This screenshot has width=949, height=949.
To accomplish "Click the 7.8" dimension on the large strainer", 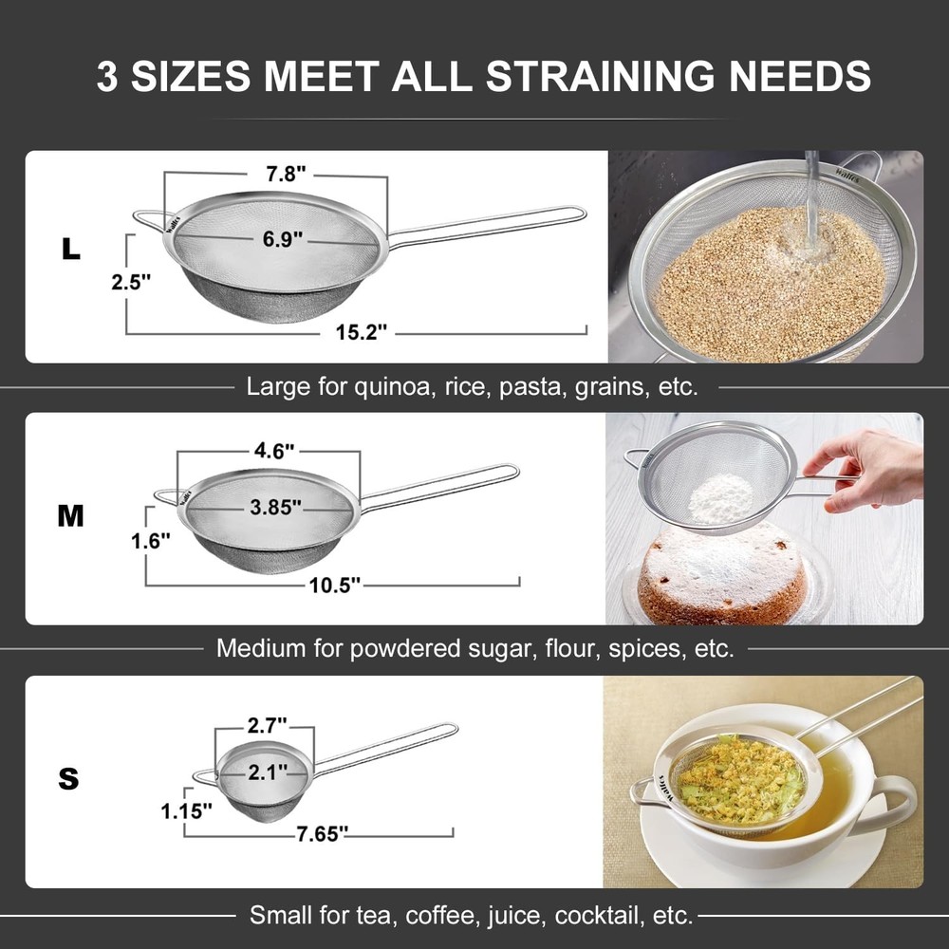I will [285, 174].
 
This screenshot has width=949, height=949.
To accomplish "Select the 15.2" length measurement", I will [364, 332].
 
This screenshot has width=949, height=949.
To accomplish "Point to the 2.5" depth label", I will [130, 282].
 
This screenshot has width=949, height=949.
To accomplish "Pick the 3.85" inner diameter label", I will [276, 507].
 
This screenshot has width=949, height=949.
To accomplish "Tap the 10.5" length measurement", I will [335, 585].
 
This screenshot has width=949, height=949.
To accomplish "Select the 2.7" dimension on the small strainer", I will [267, 728].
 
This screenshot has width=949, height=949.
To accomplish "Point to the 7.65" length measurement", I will [322, 832].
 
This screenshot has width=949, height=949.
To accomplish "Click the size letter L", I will [71, 249].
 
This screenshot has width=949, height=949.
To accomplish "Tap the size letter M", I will [71, 516].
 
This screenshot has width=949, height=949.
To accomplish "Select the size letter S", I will [68, 779].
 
